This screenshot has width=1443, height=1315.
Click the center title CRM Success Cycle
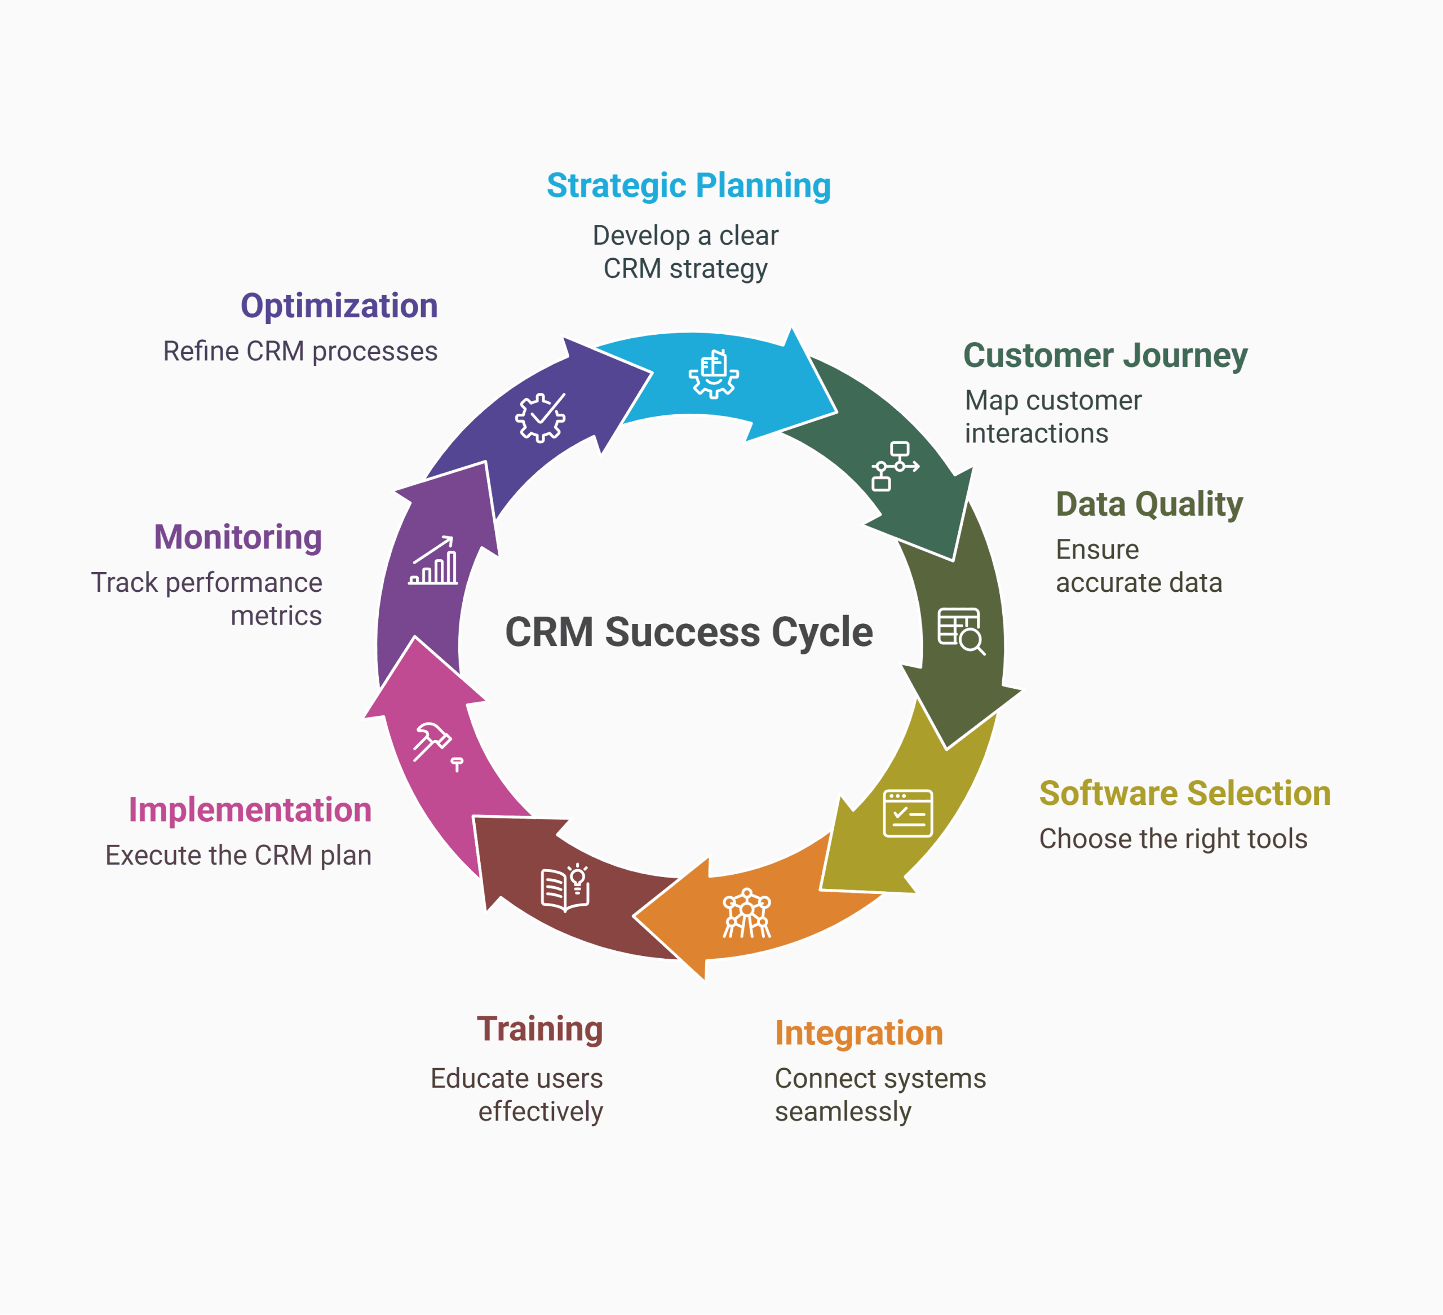(689, 632)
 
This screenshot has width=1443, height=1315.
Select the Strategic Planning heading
(689, 185)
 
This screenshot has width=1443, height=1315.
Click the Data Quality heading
(1149, 504)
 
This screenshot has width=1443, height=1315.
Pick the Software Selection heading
(1185, 793)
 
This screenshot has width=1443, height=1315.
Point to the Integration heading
(858, 1033)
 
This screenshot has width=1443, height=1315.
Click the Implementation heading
(250, 809)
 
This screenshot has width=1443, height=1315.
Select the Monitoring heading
(238, 537)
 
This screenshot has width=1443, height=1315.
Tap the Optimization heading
(339, 305)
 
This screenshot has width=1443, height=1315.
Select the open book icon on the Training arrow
(565, 888)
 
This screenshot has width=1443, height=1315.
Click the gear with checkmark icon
(541, 417)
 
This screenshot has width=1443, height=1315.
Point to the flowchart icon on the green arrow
(895, 466)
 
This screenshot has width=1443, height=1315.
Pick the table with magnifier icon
(960, 631)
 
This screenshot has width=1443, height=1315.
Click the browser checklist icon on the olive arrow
(908, 813)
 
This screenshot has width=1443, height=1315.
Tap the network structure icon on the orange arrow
(746, 913)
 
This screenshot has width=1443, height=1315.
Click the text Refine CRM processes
(300, 352)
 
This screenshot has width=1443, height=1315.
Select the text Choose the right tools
(1172, 839)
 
